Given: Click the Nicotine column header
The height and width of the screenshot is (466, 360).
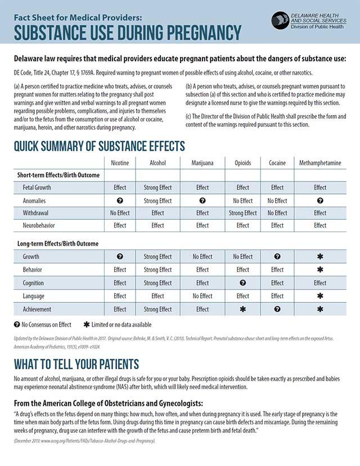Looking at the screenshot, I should click(x=120, y=163).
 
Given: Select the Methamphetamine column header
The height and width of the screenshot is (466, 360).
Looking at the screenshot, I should click(x=320, y=163).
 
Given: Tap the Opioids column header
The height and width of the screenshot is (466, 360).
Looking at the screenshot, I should click(x=242, y=163).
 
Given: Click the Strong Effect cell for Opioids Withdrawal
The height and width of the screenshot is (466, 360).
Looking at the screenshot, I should click(x=242, y=213).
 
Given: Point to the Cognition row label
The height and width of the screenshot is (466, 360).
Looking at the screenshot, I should click(x=33, y=283).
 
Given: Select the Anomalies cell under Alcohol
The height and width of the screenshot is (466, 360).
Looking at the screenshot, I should click(x=157, y=201).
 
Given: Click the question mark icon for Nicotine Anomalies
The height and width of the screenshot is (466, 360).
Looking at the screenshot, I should click(x=120, y=201).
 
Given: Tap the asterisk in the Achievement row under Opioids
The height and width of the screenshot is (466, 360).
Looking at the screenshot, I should click(x=242, y=309).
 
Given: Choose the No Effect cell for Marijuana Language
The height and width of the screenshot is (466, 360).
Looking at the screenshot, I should click(x=202, y=296).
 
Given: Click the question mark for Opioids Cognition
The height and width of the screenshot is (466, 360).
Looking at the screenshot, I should click(x=242, y=283).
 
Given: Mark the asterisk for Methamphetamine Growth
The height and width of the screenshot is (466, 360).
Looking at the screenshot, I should click(x=320, y=257).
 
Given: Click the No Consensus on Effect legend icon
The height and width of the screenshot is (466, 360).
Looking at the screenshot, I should click(x=17, y=325).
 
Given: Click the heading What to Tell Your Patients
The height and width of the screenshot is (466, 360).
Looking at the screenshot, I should click(x=76, y=364).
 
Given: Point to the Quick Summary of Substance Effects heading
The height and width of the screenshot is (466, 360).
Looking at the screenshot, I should click(x=99, y=146).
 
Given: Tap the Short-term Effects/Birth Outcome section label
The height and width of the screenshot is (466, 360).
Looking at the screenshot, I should click(x=57, y=175).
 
